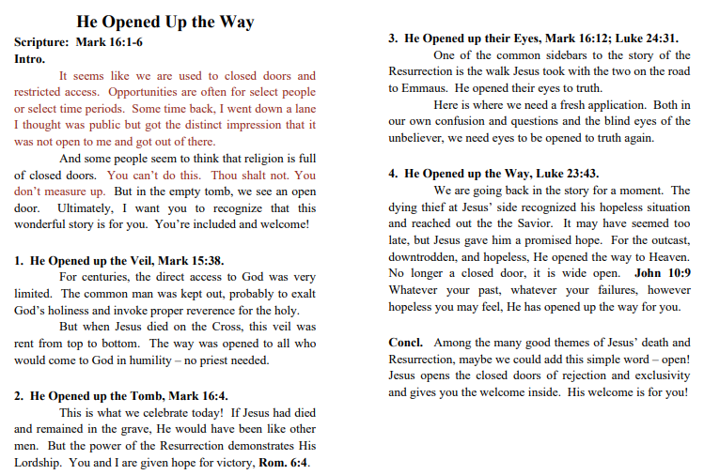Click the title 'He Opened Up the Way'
point(164,22)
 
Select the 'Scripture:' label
point(41,42)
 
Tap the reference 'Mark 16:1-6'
point(109,42)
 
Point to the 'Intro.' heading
point(30,58)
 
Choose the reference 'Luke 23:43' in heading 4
point(565,174)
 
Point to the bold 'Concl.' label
point(406,343)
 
